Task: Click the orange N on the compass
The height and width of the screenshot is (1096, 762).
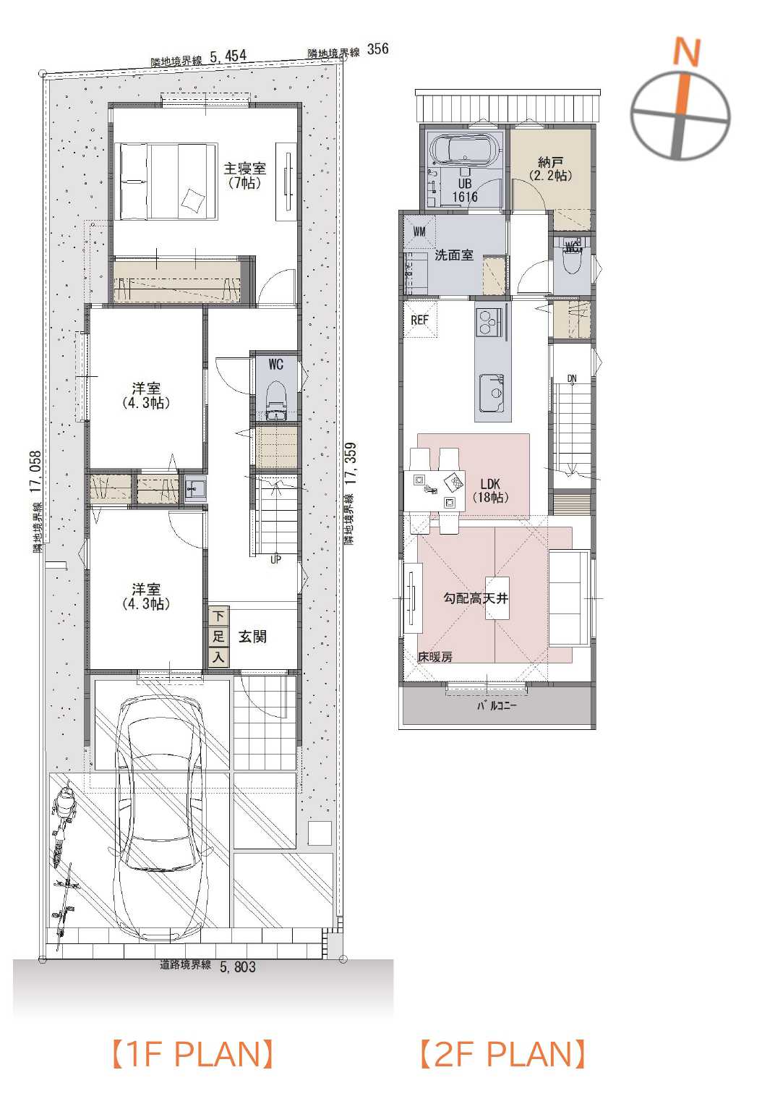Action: coord(687,52)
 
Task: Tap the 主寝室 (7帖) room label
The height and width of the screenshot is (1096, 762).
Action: coord(244,176)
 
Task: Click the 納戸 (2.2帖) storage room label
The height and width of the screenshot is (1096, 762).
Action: coord(550,169)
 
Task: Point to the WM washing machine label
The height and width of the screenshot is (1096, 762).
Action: coord(419,232)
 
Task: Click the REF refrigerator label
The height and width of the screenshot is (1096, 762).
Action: coord(419,320)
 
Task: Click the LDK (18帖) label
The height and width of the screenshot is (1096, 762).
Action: coord(490,490)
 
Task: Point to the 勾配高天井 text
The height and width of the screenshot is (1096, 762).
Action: coord(476,598)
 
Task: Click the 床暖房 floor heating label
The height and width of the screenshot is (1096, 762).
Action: coord(434,657)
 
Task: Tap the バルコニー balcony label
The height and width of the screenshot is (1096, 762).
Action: coord(497,705)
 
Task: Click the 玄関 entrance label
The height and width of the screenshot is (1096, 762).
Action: coord(252,637)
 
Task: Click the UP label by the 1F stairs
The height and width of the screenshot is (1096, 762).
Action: coord(276,559)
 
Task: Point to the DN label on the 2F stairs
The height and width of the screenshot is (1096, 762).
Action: coord(572,378)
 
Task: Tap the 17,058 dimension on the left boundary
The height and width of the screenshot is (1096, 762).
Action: coord(35,471)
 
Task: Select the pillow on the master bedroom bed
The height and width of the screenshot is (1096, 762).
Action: coord(192,200)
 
